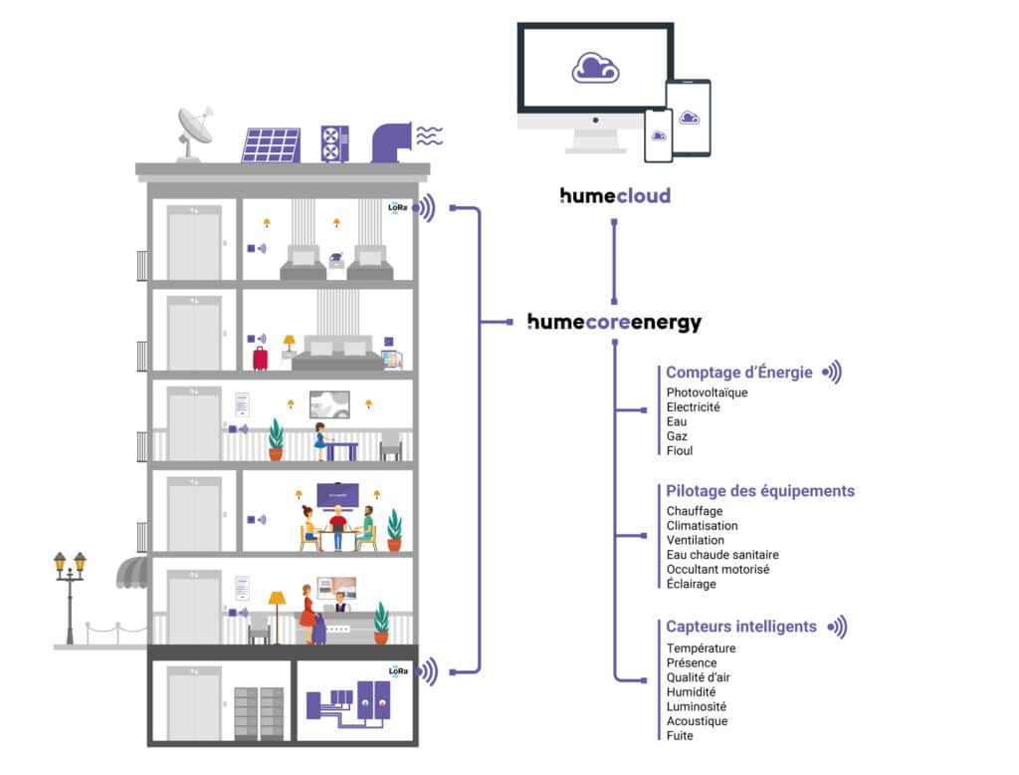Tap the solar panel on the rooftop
point(271,145)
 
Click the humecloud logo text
point(615,195)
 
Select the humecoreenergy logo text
point(614,323)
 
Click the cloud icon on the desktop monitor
point(595,67)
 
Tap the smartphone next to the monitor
point(659,135)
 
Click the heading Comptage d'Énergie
point(739,373)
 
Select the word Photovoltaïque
point(707,392)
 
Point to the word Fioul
point(680,450)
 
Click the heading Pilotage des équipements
point(760,491)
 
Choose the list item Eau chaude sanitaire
point(722,555)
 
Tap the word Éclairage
point(692,584)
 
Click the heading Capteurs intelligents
point(741,627)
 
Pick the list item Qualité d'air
point(700,677)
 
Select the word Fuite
point(680,735)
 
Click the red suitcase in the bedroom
point(260,358)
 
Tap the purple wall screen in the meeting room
point(338,493)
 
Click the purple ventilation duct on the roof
point(390,140)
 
